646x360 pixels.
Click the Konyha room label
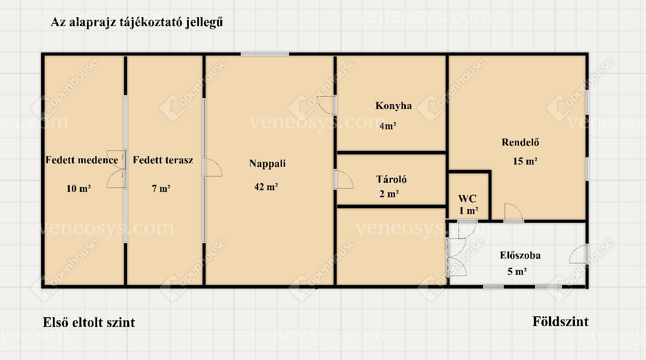pyautogui.click(x=393, y=106)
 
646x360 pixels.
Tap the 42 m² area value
pyautogui.click(x=266, y=187)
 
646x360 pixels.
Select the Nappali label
pyautogui.click(x=267, y=163)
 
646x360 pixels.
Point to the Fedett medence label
pyautogui.click(x=82, y=160)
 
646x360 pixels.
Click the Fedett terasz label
pyautogui.click(x=163, y=160)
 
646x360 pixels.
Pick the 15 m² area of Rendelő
pyautogui.click(x=525, y=161)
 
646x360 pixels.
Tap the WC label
pyautogui.click(x=467, y=199)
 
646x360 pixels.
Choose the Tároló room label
pyautogui.click(x=391, y=179)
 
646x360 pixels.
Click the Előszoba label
pyautogui.click(x=520, y=255)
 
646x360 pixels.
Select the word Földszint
pyautogui.click(x=560, y=322)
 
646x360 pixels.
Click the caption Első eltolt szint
pyautogui.click(x=89, y=322)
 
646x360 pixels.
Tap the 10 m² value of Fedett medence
pyautogui.click(x=79, y=188)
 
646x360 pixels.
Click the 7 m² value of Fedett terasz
pyautogui.click(x=161, y=188)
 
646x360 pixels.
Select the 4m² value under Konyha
pyautogui.click(x=387, y=126)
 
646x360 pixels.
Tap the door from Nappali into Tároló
pyautogui.click(x=343, y=179)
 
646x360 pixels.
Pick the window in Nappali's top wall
pyautogui.click(x=265, y=54)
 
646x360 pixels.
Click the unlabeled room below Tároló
pyautogui.click(x=391, y=247)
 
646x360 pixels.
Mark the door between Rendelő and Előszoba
pyautogui.click(x=514, y=212)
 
